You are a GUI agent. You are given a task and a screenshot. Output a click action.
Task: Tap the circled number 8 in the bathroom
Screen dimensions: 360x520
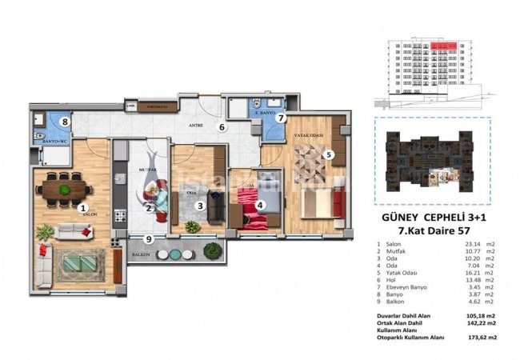click(68, 122)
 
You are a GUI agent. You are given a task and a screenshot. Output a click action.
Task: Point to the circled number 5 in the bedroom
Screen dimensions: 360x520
click(329, 155)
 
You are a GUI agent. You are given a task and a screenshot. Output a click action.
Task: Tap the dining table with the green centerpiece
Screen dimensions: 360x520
click(64, 189)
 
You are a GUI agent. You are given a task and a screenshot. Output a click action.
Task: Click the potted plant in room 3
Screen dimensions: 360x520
click(193, 228)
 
